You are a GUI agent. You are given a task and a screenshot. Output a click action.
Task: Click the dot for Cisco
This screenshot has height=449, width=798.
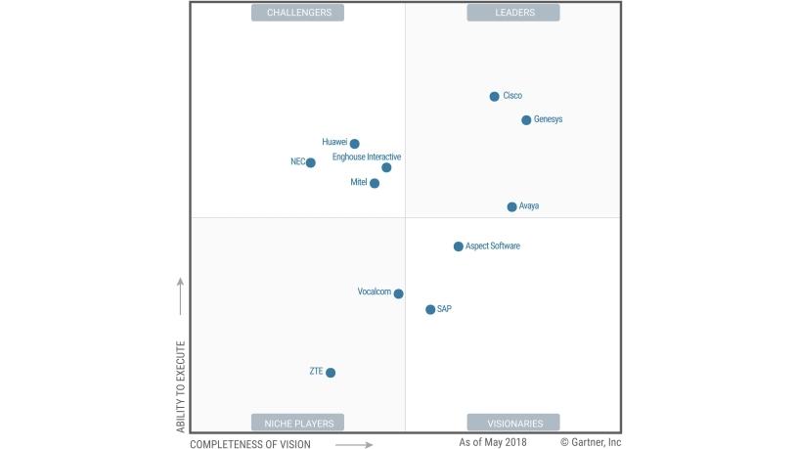tap(494, 96)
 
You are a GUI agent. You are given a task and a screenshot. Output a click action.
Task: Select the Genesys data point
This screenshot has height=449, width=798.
tap(526, 120)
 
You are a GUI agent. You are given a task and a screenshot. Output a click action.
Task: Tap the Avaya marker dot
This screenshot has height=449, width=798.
tap(511, 206)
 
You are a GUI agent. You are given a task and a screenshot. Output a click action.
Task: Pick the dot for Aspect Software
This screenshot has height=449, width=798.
tap(458, 247)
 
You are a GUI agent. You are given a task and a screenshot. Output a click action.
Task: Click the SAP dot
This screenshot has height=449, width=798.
tap(430, 309)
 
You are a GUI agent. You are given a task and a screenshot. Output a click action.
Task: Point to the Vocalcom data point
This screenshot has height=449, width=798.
tap(398, 293)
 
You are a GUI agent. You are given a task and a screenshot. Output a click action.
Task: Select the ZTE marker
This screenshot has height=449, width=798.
tap(331, 373)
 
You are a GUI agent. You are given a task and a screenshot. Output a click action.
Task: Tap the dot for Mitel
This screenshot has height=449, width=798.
tap(375, 183)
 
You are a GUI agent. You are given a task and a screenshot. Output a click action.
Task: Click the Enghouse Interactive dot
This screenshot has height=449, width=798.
tap(386, 167)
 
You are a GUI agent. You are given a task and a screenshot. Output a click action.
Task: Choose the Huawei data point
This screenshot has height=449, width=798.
tap(354, 144)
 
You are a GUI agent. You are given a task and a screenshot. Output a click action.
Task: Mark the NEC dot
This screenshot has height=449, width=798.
tap(310, 162)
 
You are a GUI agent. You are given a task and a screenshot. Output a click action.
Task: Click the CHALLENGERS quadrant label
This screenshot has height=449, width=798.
tap(298, 13)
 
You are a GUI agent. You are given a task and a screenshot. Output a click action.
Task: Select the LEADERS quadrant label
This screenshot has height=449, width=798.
tap(513, 13)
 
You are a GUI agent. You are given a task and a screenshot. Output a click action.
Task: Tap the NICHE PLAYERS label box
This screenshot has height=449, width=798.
tap(298, 423)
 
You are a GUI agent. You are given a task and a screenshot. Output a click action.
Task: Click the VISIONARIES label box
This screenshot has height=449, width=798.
tap(513, 423)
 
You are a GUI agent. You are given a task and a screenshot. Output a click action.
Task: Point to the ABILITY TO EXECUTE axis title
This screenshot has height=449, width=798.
tap(180, 386)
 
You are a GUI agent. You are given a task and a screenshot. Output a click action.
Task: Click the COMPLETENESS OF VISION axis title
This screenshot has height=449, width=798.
tap(250, 444)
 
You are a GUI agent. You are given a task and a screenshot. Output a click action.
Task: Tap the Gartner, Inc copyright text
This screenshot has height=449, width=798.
tap(591, 442)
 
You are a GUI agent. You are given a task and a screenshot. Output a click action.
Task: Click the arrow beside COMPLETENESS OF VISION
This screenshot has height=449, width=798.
tap(354, 444)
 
